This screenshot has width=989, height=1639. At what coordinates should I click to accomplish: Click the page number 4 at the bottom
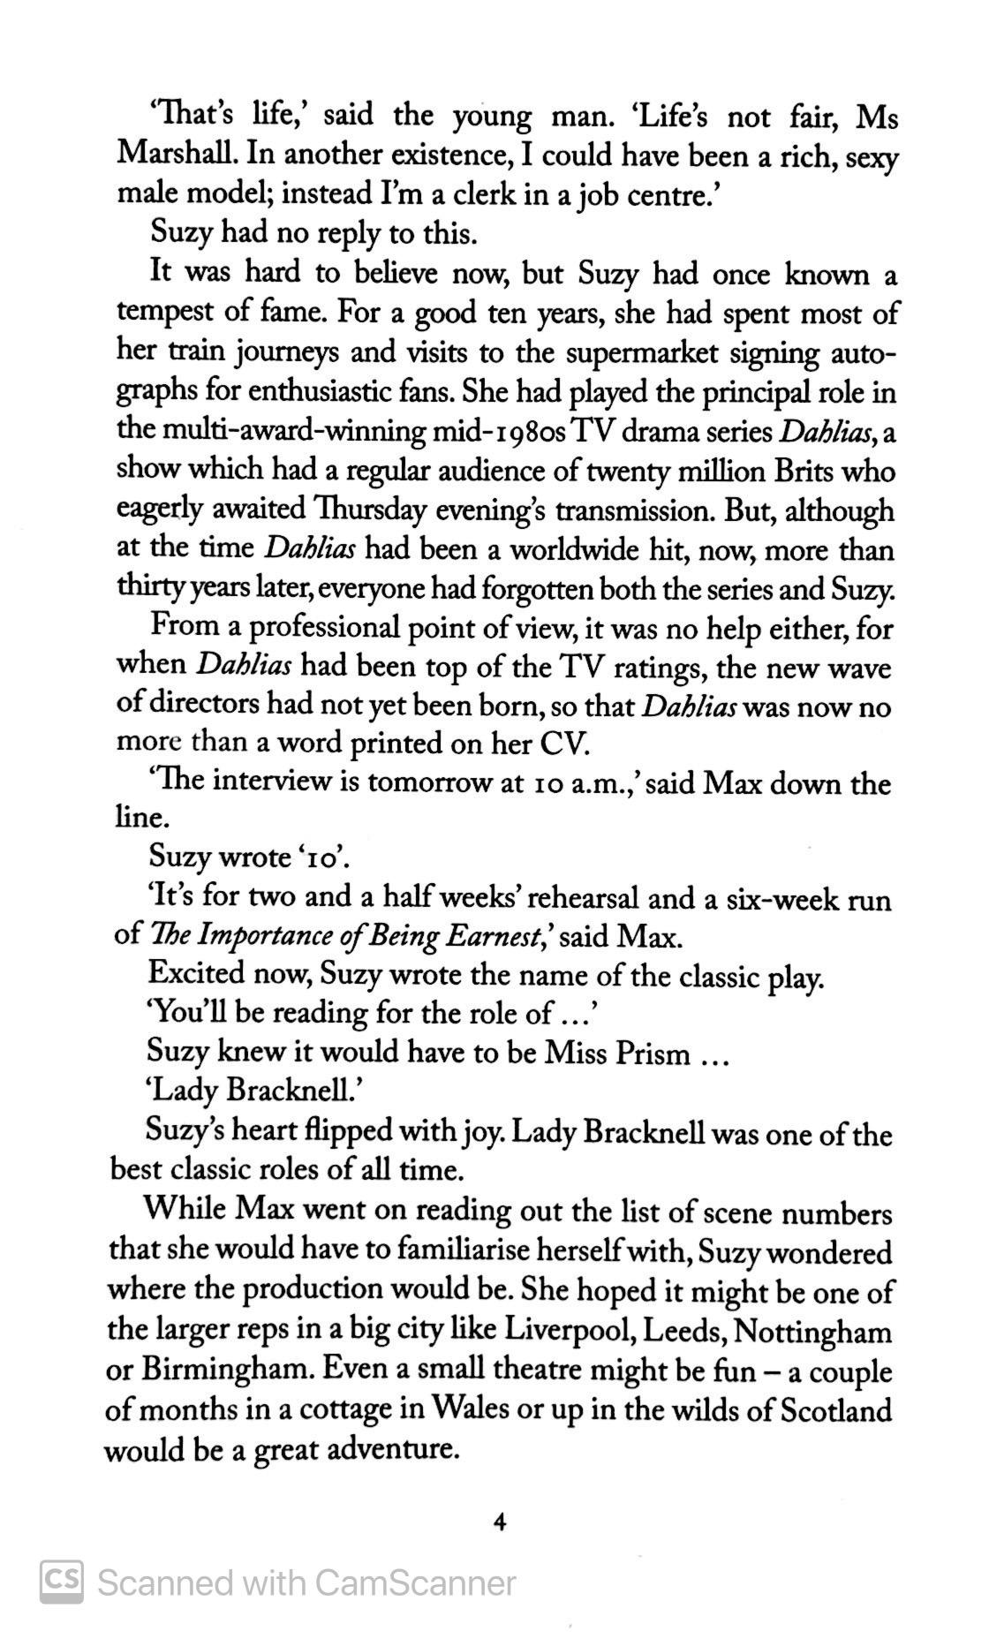tap(500, 1522)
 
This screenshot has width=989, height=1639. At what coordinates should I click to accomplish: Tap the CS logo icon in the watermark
tap(62, 1582)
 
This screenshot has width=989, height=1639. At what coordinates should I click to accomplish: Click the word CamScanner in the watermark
tap(414, 1582)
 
